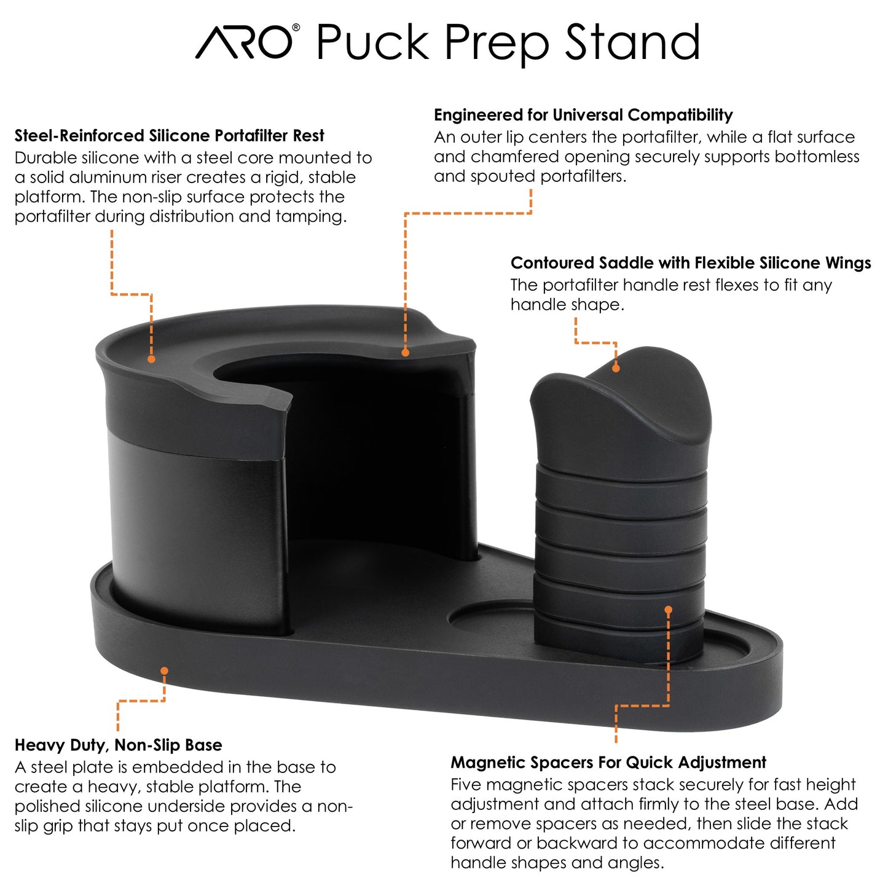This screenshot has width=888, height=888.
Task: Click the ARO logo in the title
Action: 244,42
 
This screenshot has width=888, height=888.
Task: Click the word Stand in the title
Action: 632,42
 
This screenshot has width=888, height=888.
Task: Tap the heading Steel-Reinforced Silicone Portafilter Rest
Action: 169,136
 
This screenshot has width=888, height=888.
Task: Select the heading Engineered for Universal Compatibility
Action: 583,115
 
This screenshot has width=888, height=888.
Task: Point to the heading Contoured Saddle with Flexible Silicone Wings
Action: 691,263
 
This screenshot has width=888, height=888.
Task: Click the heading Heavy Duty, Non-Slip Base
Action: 119,745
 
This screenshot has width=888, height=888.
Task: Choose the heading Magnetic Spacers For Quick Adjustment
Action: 608,763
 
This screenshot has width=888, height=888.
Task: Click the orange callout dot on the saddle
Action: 616,368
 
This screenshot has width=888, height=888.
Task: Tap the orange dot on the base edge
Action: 164,670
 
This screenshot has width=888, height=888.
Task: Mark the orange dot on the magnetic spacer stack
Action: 669,610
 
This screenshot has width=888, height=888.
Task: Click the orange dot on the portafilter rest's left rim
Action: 151,359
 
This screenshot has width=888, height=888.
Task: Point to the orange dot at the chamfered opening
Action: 406,353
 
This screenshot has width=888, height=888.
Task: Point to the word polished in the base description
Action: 47,806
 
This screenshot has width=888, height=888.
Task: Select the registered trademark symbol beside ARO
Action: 296,28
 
